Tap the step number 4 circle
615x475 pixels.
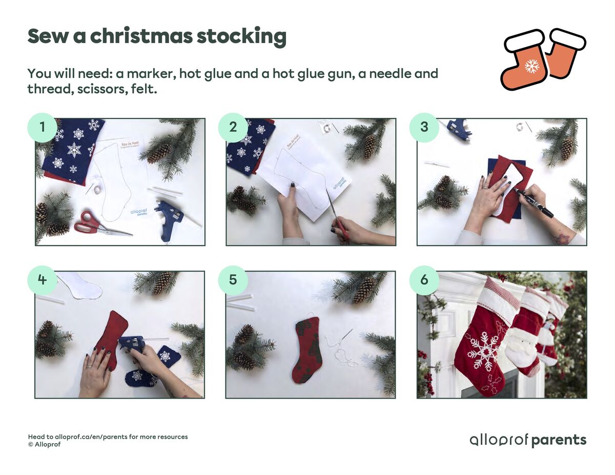42,280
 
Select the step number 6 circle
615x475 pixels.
424,280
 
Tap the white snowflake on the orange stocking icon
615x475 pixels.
532,66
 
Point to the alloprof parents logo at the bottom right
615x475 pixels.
528,440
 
